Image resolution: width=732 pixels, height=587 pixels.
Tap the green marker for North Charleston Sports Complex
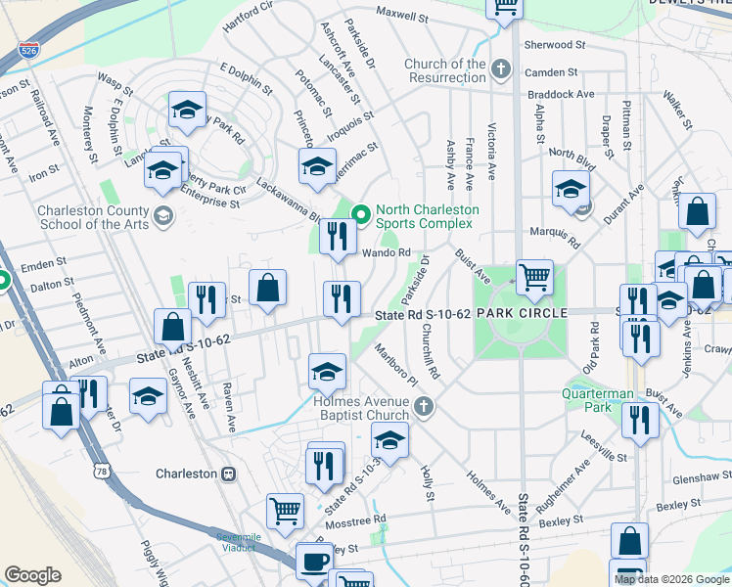click(x=360, y=212)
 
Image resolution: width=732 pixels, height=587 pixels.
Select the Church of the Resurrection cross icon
click(x=501, y=68)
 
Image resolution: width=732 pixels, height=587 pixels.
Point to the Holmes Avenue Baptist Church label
click(x=361, y=407)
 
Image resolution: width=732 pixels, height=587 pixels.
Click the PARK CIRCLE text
click(x=523, y=313)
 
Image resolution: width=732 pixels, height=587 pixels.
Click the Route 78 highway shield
click(x=102, y=472)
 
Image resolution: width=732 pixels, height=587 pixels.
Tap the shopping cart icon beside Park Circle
click(x=534, y=278)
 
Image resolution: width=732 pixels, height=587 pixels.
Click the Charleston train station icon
click(x=228, y=474)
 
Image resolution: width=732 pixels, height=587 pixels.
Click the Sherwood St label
click(x=555, y=45)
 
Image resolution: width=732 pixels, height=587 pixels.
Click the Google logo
click(x=33, y=575)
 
